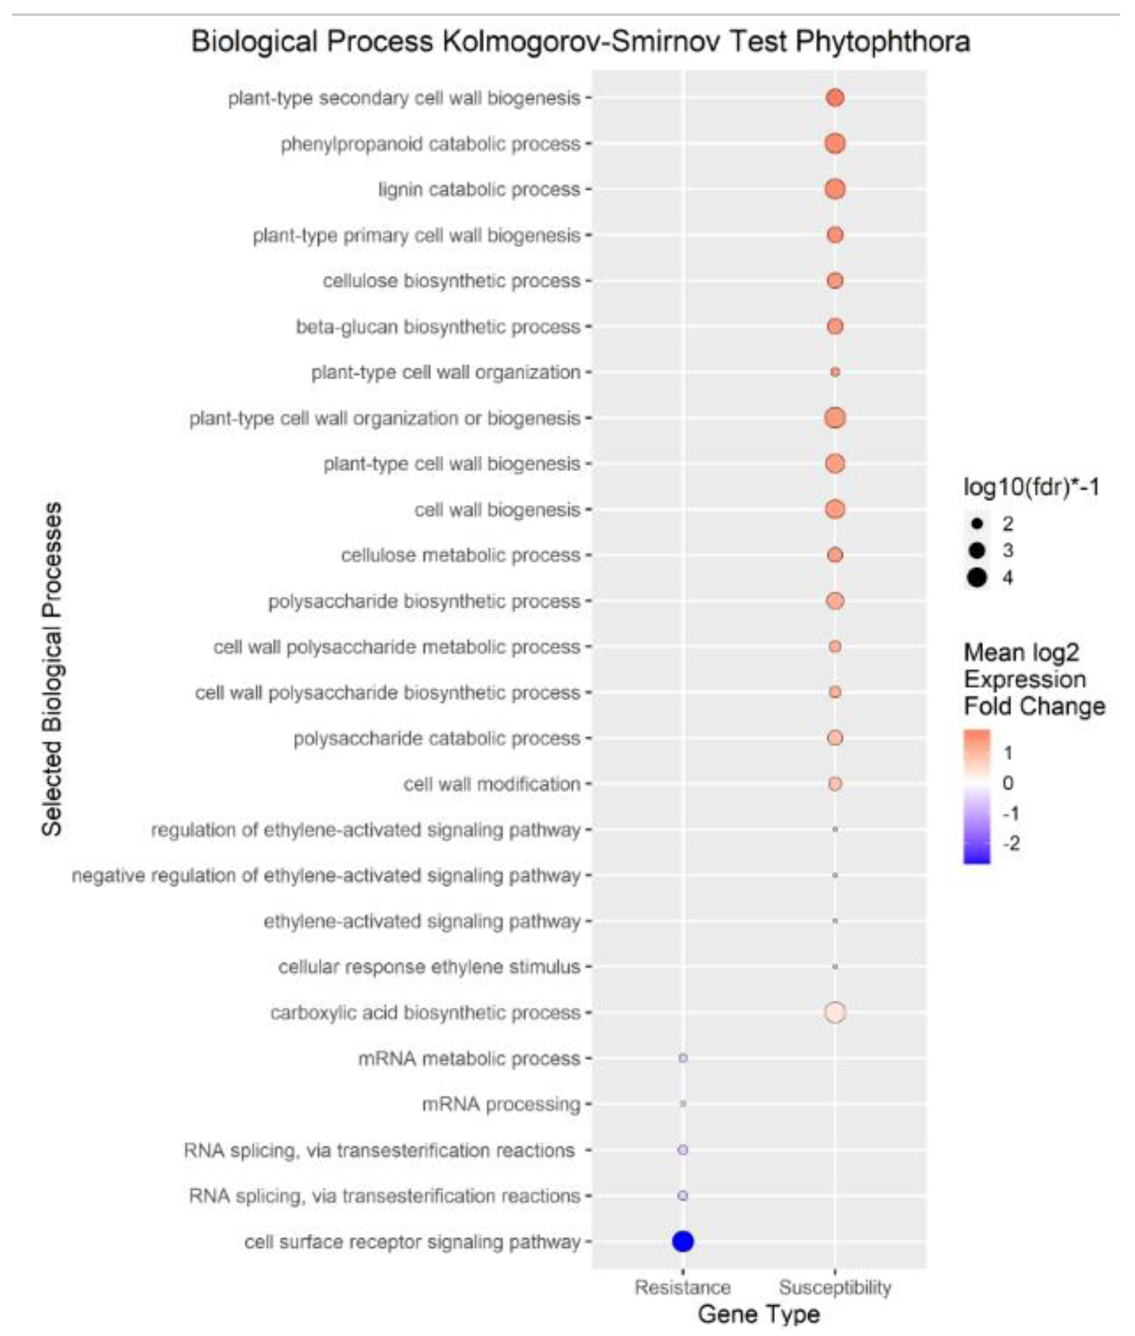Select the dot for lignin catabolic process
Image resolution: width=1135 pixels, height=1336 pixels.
(835, 189)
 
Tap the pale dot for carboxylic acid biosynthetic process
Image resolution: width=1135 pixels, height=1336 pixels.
(835, 1012)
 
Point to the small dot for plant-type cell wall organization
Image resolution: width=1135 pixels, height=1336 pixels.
(835, 372)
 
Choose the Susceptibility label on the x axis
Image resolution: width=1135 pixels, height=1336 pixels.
(835, 1287)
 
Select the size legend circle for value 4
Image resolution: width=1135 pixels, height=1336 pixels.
(977, 577)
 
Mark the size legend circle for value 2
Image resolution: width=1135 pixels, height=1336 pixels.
(977, 524)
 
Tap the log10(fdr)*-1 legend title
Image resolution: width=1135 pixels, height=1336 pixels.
(1031, 488)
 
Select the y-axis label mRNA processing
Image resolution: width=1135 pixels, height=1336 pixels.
(501, 1104)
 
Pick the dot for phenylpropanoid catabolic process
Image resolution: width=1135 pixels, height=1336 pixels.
(835, 143)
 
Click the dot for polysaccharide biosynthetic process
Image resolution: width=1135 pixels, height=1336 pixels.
(835, 601)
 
